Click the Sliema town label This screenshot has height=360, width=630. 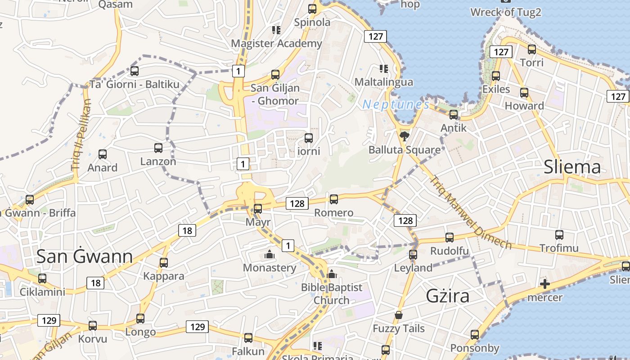(572, 167)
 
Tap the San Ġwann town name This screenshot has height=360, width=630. (84, 256)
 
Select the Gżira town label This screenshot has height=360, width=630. (448, 296)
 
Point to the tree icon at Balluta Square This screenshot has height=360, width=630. (404, 135)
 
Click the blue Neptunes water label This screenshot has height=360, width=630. (396, 105)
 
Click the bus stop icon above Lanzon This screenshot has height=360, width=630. (158, 148)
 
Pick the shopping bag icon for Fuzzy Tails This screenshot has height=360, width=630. (398, 315)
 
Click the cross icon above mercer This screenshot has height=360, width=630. (545, 284)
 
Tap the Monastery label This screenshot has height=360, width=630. (270, 268)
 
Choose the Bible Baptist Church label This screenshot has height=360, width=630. (332, 293)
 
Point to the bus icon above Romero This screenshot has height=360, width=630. (333, 199)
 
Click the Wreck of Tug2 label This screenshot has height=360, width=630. (505, 12)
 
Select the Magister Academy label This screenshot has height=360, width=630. (276, 43)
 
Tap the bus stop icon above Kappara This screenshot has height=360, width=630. (164, 262)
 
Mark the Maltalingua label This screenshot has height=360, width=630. (383, 82)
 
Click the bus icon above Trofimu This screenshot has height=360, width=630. (559, 234)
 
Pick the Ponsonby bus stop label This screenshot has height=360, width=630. (475, 348)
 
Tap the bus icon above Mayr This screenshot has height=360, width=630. (258, 208)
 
